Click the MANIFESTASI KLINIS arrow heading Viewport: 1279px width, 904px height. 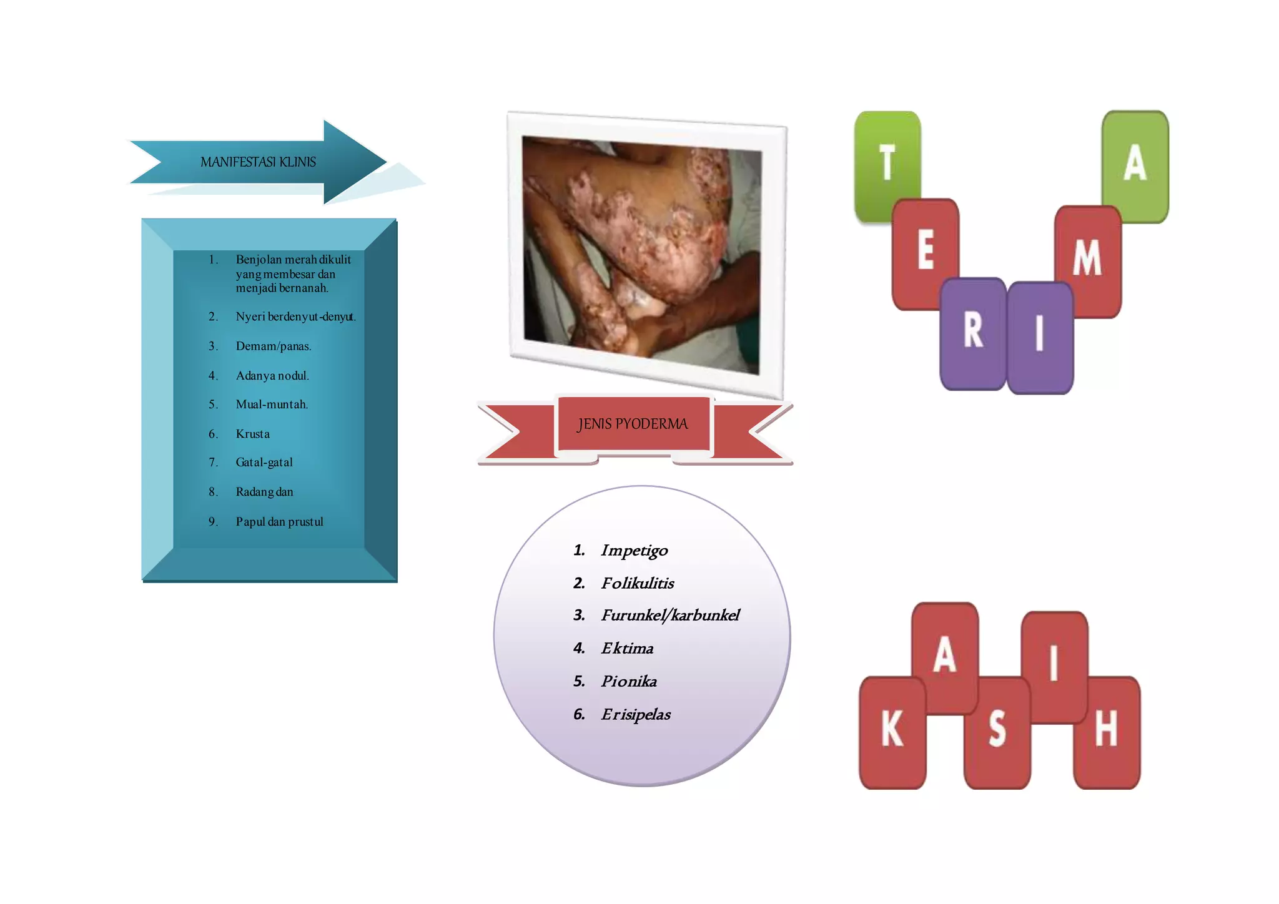click(x=258, y=162)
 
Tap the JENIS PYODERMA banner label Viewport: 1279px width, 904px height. click(x=633, y=424)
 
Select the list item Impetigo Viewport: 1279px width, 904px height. click(x=634, y=551)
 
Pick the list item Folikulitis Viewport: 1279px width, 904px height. click(x=637, y=583)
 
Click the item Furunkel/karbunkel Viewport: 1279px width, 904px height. click(x=669, y=616)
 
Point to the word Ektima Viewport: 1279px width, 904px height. click(x=627, y=649)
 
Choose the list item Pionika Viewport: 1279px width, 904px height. click(x=628, y=681)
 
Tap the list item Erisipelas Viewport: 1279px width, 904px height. click(x=635, y=714)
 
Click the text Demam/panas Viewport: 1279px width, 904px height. click(x=273, y=346)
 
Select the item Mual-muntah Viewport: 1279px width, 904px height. click(x=272, y=405)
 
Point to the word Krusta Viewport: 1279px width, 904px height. click(x=252, y=434)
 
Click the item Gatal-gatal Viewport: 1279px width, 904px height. click(x=264, y=463)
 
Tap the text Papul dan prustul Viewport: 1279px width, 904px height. click(x=279, y=522)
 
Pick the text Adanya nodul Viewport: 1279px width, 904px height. click(x=272, y=376)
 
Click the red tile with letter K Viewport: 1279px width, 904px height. click(x=892, y=730)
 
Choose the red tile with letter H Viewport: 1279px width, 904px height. click(x=1107, y=730)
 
